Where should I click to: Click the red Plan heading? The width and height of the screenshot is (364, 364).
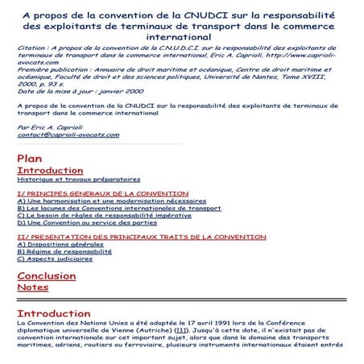(x=29, y=159)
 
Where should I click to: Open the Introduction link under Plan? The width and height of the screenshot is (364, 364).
(x=50, y=171)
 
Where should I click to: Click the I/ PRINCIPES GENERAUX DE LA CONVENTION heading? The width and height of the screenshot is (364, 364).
(x=102, y=194)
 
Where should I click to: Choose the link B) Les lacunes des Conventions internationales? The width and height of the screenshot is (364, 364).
(x=118, y=209)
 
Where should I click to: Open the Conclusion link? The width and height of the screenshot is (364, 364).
(x=47, y=276)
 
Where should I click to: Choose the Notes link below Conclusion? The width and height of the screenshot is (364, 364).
(x=33, y=287)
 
